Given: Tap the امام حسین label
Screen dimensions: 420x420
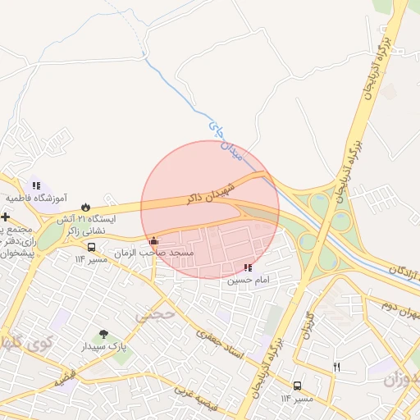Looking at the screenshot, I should point(248,280).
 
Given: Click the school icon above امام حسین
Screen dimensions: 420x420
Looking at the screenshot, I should point(248,267).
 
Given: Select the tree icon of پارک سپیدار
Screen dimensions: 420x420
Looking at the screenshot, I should point(103,334).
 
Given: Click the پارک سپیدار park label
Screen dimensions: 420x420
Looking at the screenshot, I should point(106,347).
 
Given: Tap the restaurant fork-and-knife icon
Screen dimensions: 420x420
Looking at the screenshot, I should point(336,367).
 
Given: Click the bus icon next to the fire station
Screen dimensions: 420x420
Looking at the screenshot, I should point(90,246).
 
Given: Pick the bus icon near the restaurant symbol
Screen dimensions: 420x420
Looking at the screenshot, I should point(296,385).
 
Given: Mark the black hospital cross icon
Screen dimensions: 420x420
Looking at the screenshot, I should point(6,217).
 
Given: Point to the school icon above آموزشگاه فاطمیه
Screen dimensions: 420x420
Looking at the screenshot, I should point(35,185).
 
